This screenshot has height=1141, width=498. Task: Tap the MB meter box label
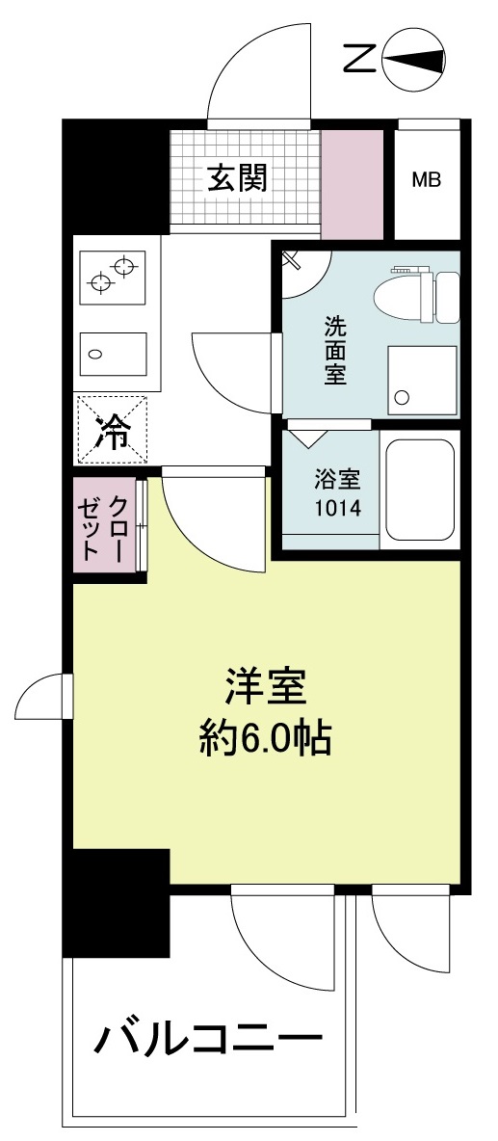[427, 180]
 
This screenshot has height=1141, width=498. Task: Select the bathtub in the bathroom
[420, 491]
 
